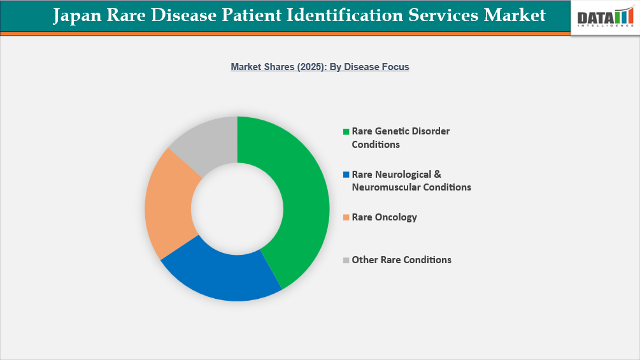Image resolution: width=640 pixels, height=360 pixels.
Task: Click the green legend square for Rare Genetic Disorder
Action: (x=346, y=131)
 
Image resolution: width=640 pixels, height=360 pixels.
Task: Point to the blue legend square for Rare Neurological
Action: (x=346, y=175)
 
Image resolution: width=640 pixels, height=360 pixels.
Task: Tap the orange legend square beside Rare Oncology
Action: (x=346, y=217)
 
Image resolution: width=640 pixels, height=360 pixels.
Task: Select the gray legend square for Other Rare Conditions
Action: (x=346, y=260)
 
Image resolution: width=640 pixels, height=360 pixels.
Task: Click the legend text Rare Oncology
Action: (x=384, y=217)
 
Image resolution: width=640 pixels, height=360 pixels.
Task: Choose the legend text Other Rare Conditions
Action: (x=401, y=260)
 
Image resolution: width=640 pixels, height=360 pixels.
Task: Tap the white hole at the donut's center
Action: (x=237, y=208)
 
